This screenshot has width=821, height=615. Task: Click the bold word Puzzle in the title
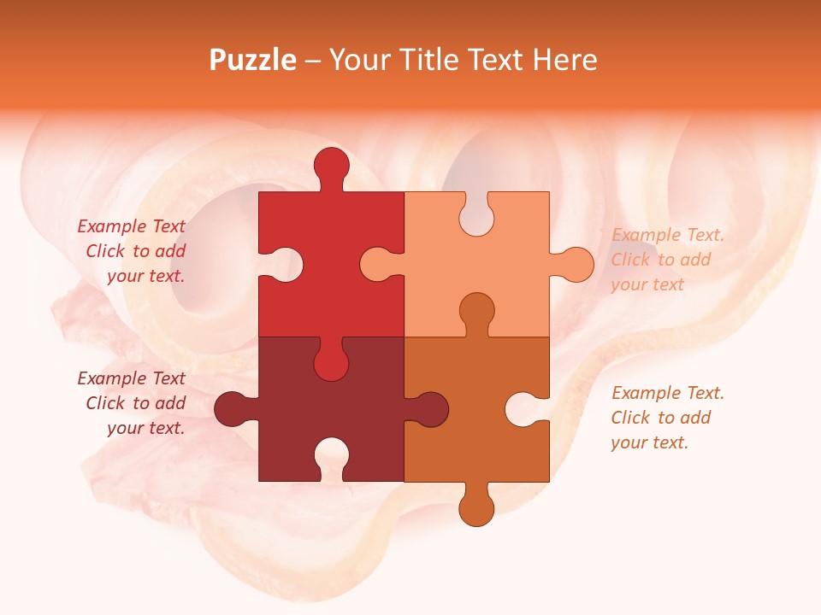pyautogui.click(x=253, y=60)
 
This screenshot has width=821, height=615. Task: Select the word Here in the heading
pyautogui.click(x=564, y=60)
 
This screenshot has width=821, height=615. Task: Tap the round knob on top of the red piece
pyautogui.click(x=331, y=166)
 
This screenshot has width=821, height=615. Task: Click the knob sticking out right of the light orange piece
pyautogui.click(x=576, y=265)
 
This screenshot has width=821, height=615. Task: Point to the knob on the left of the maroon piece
pyautogui.click(x=232, y=409)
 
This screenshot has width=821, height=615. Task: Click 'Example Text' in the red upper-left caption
pyautogui.click(x=131, y=226)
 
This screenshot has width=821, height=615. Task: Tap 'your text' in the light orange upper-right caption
pyautogui.click(x=647, y=284)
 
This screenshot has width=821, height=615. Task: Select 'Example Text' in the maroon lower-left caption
pyautogui.click(x=131, y=378)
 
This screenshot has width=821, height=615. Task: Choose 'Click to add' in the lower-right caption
pyautogui.click(x=661, y=418)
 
